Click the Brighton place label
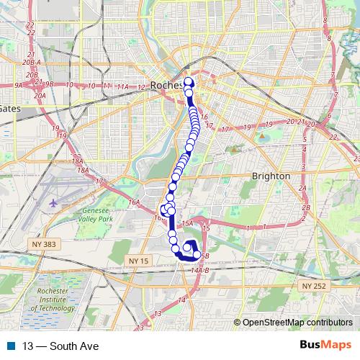271,176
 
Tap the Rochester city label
168,85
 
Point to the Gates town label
10,109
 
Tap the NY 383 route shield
44,246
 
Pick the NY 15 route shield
137,259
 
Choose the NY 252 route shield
315,286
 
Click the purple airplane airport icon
55,202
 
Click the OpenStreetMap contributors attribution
296,323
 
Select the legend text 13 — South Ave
60,346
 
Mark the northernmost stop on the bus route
189,81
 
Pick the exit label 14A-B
201,269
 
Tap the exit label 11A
123,86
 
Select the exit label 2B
306,207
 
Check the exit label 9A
19,85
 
